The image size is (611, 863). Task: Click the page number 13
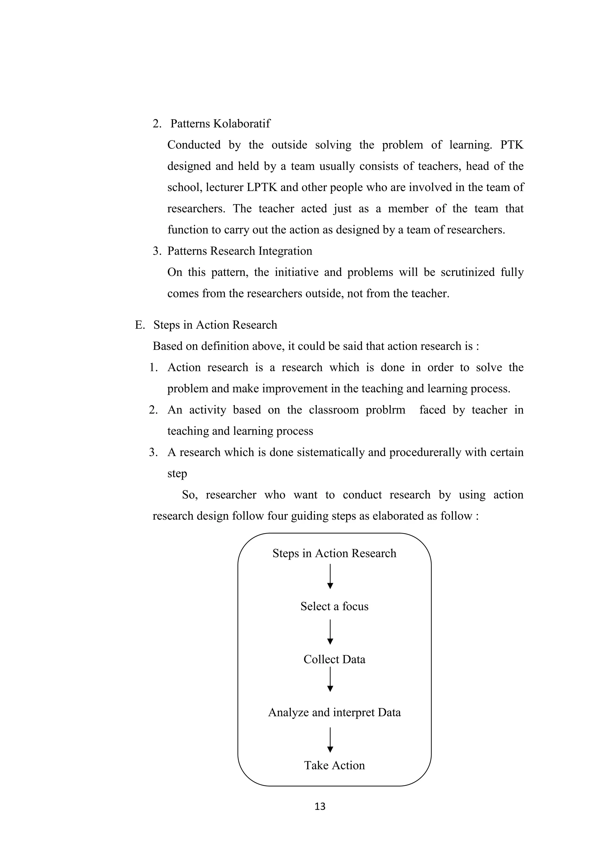(320, 806)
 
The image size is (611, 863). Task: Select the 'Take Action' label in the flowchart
(334, 765)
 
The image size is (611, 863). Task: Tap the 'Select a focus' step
(334, 606)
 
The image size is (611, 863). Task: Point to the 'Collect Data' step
(334, 659)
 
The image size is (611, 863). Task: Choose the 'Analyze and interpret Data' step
(334, 712)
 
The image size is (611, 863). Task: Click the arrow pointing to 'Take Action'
(330, 739)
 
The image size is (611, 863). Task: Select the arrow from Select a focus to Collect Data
(330, 632)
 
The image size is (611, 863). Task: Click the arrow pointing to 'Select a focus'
(330, 576)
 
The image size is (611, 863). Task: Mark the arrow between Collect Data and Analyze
(330, 679)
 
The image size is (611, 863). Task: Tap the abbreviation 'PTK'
(512, 145)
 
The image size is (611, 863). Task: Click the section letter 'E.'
(140, 325)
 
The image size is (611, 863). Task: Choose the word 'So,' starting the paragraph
(190, 495)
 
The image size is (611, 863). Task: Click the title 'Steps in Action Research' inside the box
(334, 553)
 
